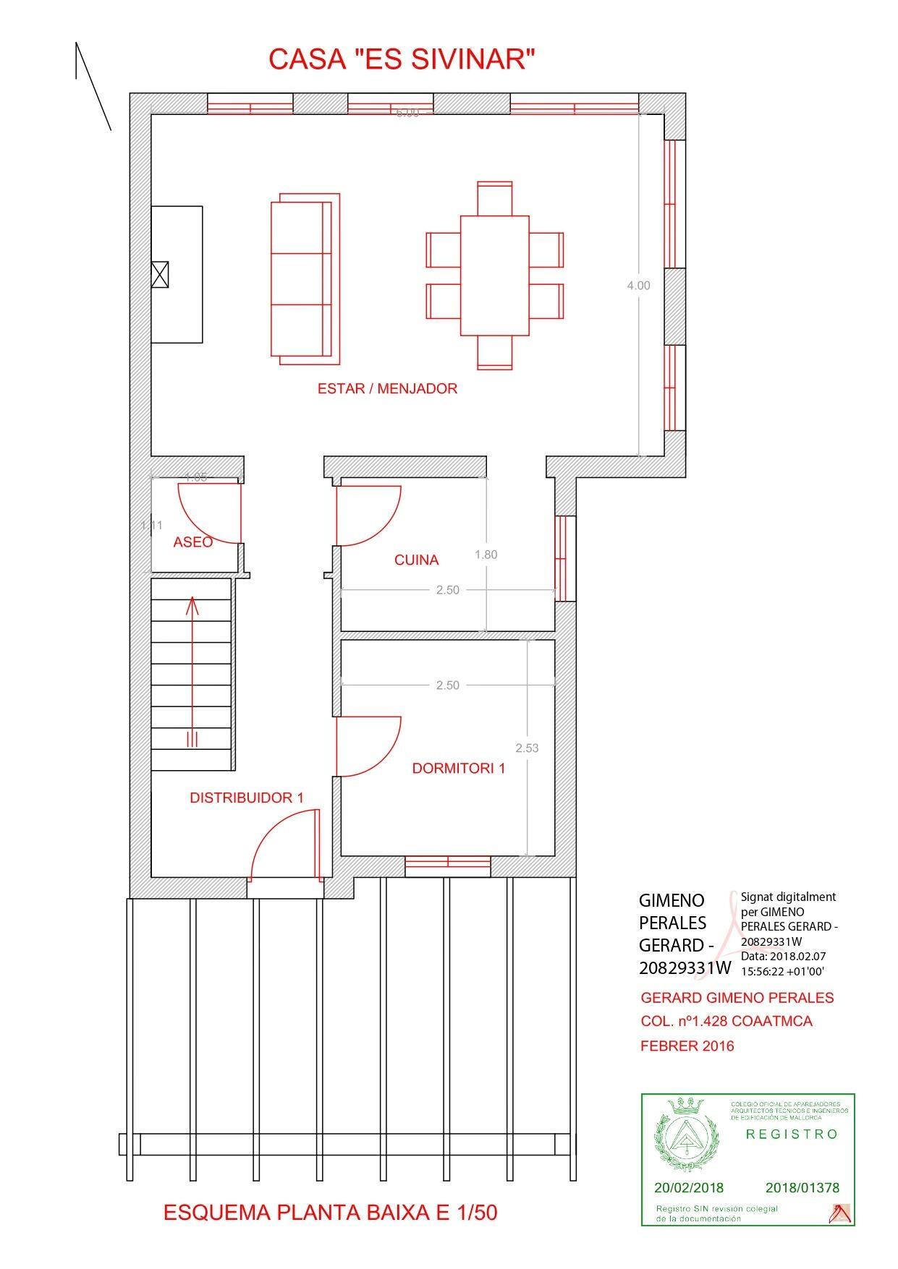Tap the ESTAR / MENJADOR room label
point(387,389)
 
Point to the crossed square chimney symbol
point(160,275)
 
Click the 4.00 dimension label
point(638,286)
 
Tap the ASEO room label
point(192,542)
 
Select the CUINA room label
point(416,560)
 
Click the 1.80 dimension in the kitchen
point(486,555)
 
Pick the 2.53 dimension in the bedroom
point(527,748)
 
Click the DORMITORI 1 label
point(458,769)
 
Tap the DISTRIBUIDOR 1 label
point(246,798)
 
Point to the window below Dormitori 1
point(447,862)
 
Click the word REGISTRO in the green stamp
point(792,1134)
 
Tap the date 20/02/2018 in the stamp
point(688,1188)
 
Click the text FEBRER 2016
point(687,1046)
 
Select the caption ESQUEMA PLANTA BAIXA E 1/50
point(330,1213)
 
